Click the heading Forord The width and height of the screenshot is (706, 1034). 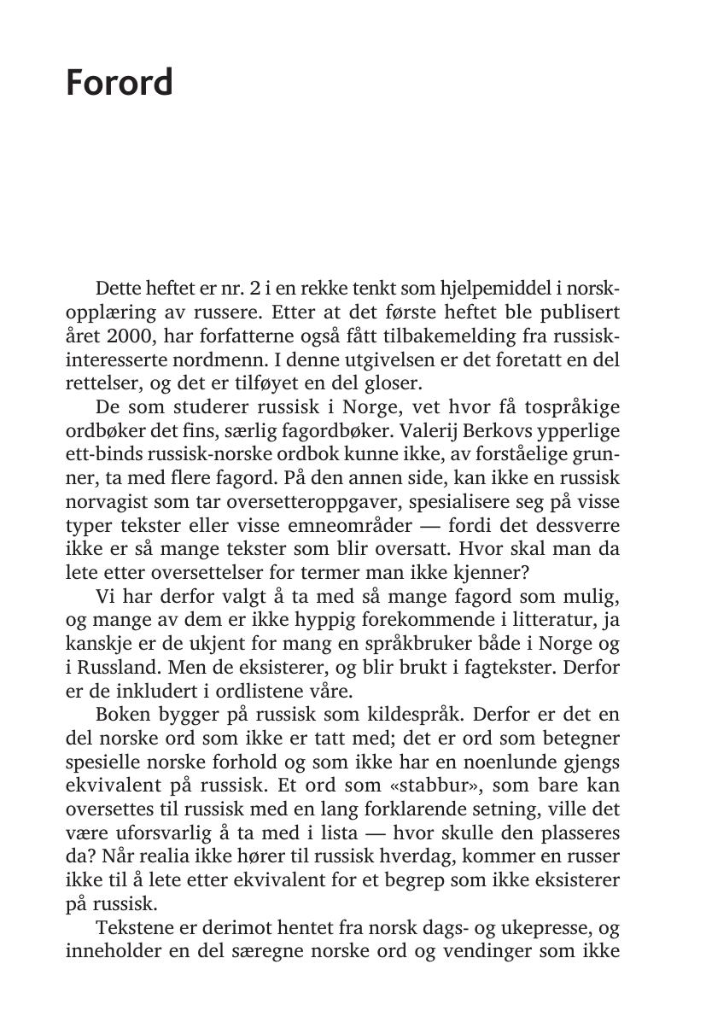pyautogui.click(x=120, y=83)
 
